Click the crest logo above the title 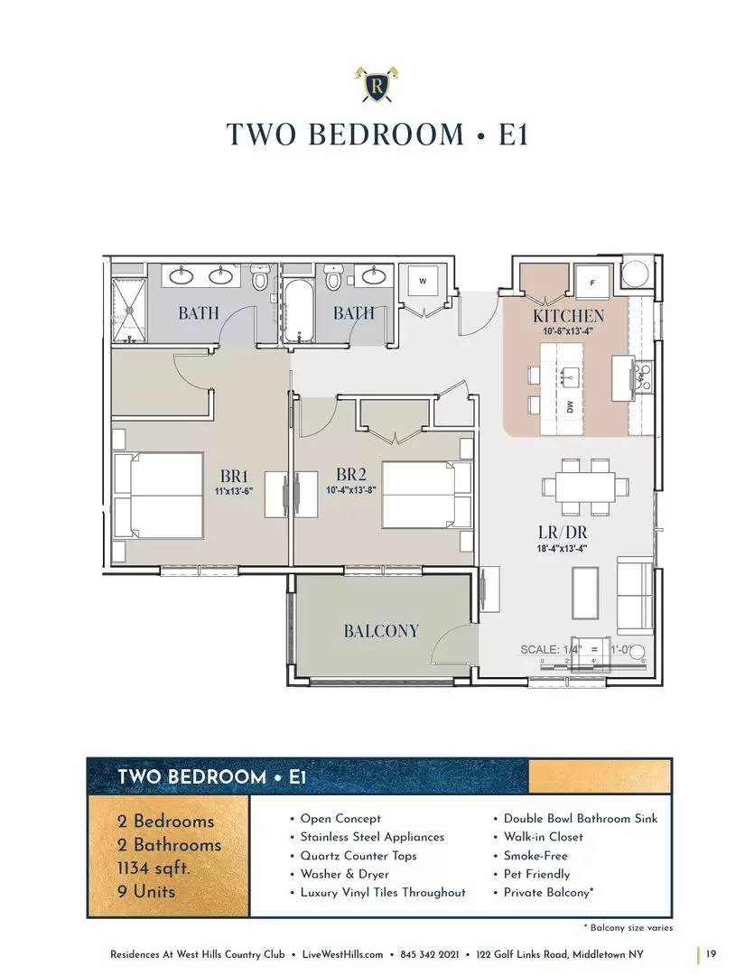tap(377, 84)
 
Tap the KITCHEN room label tap(568, 316)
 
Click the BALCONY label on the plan tap(381, 631)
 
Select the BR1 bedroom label tap(234, 477)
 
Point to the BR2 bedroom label tap(351, 475)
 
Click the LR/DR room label tap(563, 533)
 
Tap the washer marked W tap(423, 281)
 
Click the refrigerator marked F tap(592, 283)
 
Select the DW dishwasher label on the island tap(570, 406)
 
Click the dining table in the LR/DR tap(584, 487)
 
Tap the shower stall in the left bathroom tap(129, 311)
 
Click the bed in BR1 tap(159, 496)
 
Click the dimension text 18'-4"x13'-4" tap(562, 549)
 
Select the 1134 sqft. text tap(154, 868)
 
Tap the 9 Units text tap(146, 891)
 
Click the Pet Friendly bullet tap(536, 874)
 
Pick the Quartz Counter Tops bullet tap(353, 856)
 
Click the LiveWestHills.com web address tap(342, 954)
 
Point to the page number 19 tap(711, 953)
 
